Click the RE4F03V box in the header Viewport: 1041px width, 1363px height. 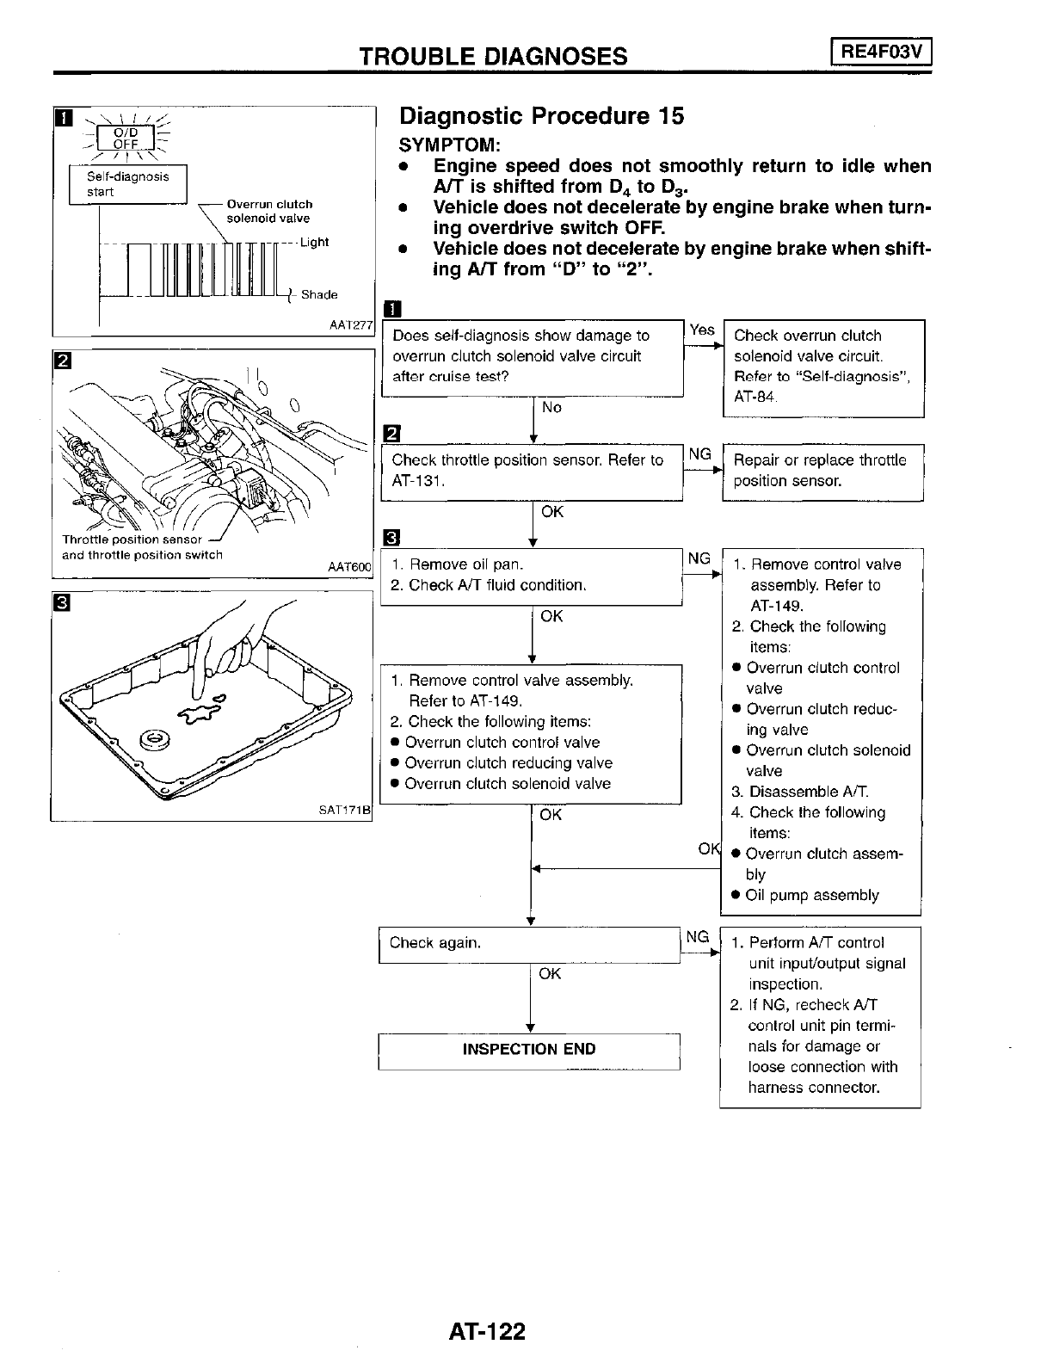pos(881,53)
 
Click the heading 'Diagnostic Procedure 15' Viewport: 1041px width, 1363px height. pos(542,116)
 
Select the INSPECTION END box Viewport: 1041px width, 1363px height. pos(529,1050)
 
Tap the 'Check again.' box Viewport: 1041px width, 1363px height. pos(529,944)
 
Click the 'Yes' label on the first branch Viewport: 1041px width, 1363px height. pos(702,330)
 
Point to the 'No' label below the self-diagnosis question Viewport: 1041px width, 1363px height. pos(551,407)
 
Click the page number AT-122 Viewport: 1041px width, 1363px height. pos(486,1332)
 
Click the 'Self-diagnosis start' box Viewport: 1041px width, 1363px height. pos(127,184)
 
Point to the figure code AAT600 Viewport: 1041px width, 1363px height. pos(349,567)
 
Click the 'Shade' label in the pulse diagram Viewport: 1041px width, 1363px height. pos(319,295)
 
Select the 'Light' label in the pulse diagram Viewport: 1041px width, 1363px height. pos(314,243)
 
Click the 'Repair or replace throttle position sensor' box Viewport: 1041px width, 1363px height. pos(822,471)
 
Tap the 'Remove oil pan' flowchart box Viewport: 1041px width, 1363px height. pos(531,576)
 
